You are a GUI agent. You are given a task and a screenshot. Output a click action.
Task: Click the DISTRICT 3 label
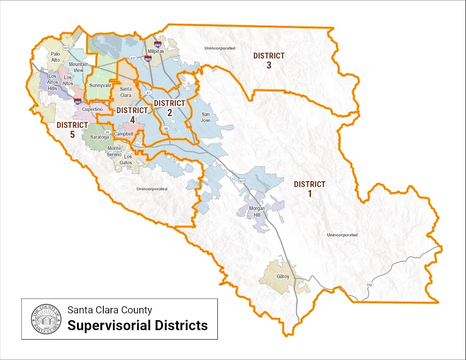pyautogui.click(x=269, y=60)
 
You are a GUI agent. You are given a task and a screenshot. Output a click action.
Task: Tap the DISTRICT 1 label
pyautogui.click(x=309, y=188)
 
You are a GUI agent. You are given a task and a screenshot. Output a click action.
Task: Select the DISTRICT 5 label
pyautogui.click(x=72, y=129)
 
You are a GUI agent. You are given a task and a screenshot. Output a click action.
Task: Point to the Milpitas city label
pyautogui.click(x=155, y=51)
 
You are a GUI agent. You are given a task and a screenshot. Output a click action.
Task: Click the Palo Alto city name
pyautogui.click(x=56, y=57)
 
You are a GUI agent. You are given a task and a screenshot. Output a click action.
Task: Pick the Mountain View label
pyautogui.click(x=78, y=67)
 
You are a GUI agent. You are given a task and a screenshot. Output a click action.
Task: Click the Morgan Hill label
pyautogui.click(x=257, y=212)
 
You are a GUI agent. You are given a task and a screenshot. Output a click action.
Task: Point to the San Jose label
pyautogui.click(x=205, y=117)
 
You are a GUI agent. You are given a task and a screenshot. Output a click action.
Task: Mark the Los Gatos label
pyautogui.click(x=128, y=160)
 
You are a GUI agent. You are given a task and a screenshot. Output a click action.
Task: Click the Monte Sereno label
pyautogui.click(x=114, y=151)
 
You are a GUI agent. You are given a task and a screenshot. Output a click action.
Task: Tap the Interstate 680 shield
pyautogui.click(x=157, y=44)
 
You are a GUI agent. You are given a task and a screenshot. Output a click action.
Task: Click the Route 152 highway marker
pyautogui.click(x=369, y=285)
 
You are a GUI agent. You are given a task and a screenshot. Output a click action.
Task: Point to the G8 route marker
pyautogui.click(x=166, y=128)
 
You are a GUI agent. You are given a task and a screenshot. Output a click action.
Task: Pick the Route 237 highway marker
pyautogui.click(x=133, y=58)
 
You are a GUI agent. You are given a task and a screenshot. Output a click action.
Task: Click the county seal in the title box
pyautogui.click(x=44, y=319)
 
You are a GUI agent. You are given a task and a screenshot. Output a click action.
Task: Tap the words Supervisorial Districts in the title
pyautogui.click(x=138, y=325)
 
